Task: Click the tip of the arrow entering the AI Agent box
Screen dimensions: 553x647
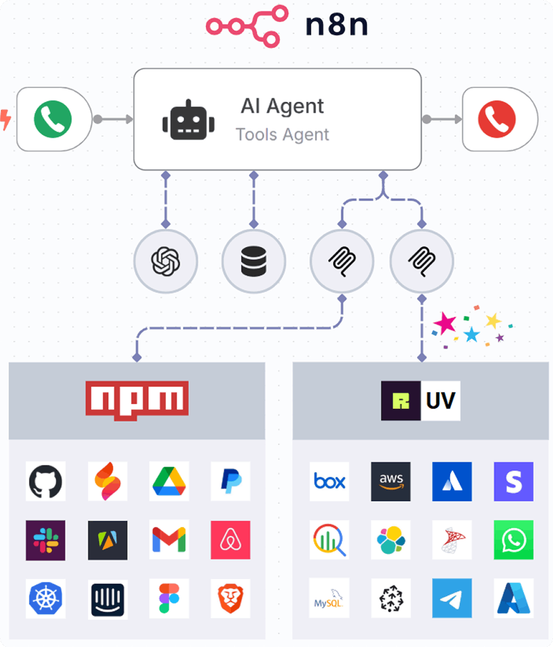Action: [x=133, y=119]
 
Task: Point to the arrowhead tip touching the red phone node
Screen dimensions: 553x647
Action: [x=462, y=119]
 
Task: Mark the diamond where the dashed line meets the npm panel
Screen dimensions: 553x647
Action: [x=137, y=357]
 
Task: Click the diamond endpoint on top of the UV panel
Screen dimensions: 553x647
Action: [x=422, y=357]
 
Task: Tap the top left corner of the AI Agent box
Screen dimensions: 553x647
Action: [x=134, y=69]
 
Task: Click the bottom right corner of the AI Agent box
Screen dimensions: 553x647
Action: [x=421, y=169]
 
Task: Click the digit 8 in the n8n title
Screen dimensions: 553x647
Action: [x=337, y=25]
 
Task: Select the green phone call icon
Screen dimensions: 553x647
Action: [x=53, y=119]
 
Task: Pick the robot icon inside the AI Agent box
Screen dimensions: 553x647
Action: [x=188, y=120]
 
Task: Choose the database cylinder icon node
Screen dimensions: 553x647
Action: [x=254, y=261]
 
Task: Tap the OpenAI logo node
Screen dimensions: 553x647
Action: [x=166, y=261]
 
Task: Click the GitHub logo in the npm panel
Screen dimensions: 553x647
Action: [x=46, y=481]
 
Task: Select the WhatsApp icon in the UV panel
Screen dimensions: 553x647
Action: [x=513, y=540]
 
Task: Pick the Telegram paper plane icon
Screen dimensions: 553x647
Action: [x=452, y=598]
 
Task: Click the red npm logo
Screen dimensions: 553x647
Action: [x=137, y=400]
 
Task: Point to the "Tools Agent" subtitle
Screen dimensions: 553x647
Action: [x=282, y=135]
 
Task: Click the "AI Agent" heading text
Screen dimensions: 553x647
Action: [x=282, y=106]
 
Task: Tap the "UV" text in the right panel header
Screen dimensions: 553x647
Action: [x=441, y=401]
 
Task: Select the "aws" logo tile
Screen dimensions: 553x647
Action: [x=390, y=482]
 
